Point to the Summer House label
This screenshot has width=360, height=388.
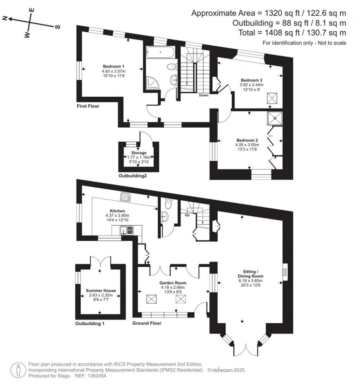tap(101, 291)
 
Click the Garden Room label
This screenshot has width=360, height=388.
tap(173, 283)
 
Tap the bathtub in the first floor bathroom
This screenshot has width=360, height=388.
tap(160, 53)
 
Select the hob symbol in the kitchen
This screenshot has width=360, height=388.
tap(126, 197)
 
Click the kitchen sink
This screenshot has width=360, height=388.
tap(124, 231)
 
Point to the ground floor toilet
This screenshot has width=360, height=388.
tap(168, 202)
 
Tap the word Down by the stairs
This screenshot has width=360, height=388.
tap(204, 95)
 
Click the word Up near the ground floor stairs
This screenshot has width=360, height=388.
tap(187, 215)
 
